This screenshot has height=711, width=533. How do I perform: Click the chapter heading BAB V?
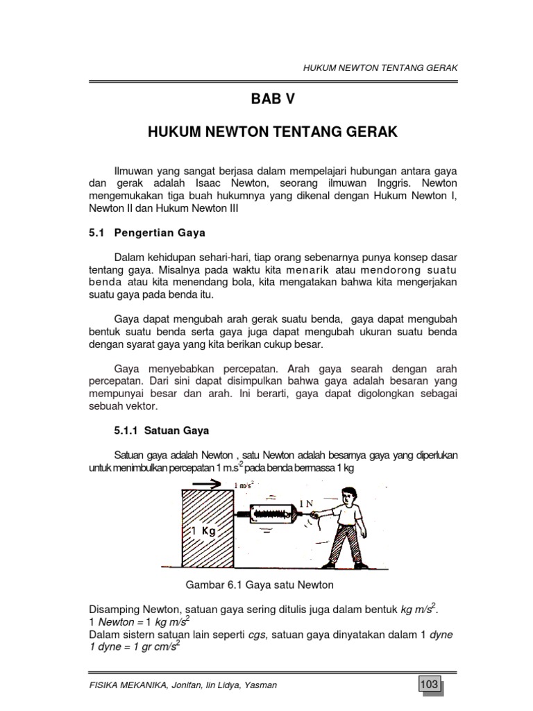point(273,99)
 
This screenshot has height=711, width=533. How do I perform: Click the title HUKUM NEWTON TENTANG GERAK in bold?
point(273,133)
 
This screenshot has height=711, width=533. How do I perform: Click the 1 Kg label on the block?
point(203,532)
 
